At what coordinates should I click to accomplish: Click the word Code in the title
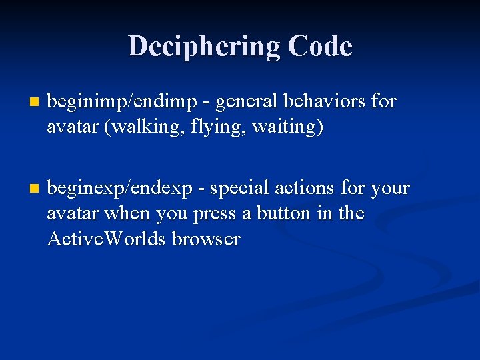320,47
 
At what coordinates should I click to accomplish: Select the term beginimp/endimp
123,102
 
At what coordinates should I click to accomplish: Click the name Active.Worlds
107,239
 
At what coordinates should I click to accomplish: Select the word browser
206,239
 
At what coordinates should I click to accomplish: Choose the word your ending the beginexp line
389,189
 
